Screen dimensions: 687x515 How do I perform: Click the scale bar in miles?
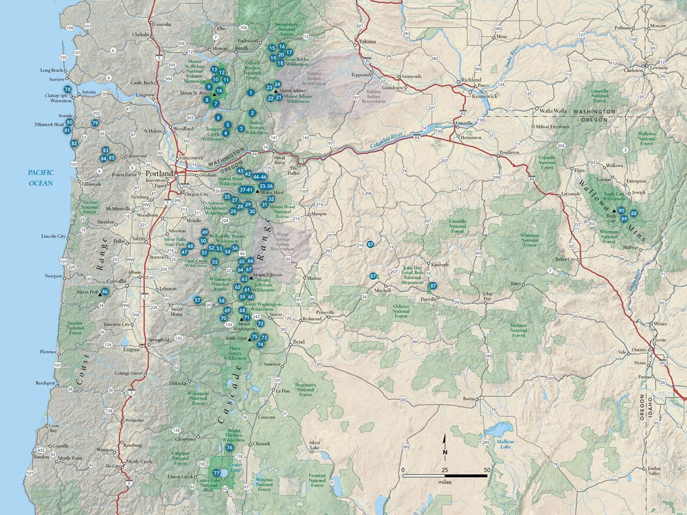pos(445,475)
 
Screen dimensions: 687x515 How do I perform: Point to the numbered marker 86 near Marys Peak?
pos(104,292)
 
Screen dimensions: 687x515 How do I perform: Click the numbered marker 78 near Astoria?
pos(67,89)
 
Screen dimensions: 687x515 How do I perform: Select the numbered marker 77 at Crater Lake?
pos(216,473)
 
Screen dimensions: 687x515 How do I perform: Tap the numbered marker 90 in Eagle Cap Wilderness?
pos(621,210)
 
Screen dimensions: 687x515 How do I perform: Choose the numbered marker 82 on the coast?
pos(74,143)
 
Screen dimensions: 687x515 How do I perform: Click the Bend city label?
pos(298,341)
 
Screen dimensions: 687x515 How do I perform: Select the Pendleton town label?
pos(509,152)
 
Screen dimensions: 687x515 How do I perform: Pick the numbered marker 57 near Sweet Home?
pos(197,300)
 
